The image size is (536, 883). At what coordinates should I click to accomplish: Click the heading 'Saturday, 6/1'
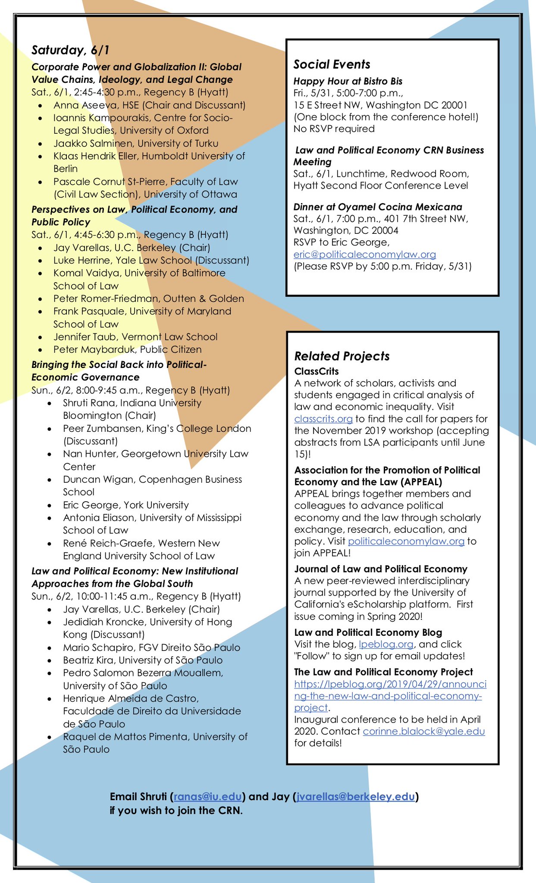click(70, 50)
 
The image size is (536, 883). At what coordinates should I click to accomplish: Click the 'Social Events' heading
click(332, 64)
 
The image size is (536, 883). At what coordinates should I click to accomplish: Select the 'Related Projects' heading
click(342, 356)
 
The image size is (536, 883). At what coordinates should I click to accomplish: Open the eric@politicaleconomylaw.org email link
click(364, 255)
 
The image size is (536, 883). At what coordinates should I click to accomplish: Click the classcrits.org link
click(323, 418)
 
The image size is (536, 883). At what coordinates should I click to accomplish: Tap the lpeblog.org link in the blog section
click(386, 644)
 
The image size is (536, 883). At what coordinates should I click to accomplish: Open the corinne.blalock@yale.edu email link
click(423, 731)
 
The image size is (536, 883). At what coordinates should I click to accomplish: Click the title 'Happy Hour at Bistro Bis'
click(348, 81)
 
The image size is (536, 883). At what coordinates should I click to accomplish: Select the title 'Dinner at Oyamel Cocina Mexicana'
click(377, 207)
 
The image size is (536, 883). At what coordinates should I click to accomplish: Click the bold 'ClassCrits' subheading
click(316, 371)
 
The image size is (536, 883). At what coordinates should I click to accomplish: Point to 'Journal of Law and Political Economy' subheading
click(380, 569)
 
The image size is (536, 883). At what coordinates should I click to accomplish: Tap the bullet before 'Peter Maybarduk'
click(40, 350)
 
